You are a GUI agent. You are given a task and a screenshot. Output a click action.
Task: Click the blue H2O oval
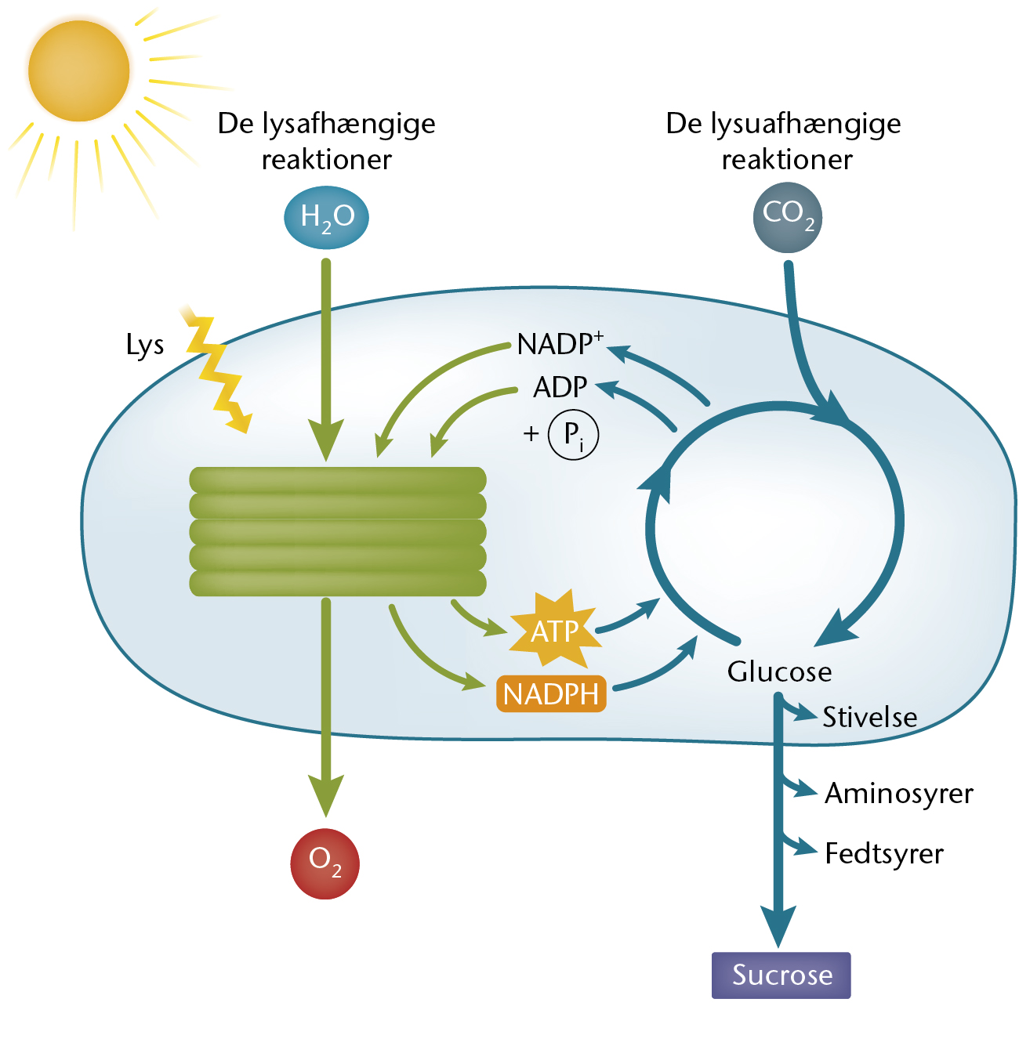click(326, 217)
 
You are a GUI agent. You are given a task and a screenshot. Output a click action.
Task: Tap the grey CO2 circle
click(787, 218)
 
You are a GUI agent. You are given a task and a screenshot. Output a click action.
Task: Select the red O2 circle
click(325, 863)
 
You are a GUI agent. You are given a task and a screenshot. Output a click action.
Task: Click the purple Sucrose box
click(781, 975)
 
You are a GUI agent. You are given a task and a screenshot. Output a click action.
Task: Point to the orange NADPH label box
click(550, 693)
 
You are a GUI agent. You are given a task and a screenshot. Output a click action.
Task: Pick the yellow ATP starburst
click(554, 629)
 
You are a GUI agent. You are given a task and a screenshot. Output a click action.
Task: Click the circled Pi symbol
click(573, 434)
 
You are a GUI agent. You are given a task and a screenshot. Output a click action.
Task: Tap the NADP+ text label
click(560, 343)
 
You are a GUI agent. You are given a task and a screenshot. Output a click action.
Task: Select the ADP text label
click(560, 387)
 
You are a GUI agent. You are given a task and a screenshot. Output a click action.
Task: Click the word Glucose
click(779, 671)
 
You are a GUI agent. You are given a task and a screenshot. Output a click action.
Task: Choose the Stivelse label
click(869, 716)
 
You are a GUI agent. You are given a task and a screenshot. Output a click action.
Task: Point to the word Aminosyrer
click(898, 794)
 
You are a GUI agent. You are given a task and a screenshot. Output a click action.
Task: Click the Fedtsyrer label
click(884, 853)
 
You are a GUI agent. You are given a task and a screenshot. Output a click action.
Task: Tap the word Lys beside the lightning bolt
click(145, 345)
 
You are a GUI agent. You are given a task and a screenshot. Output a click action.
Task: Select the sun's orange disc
click(78, 71)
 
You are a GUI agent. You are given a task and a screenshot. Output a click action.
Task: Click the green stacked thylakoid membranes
click(338, 531)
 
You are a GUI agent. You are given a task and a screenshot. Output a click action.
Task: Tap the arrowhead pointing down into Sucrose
click(778, 926)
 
